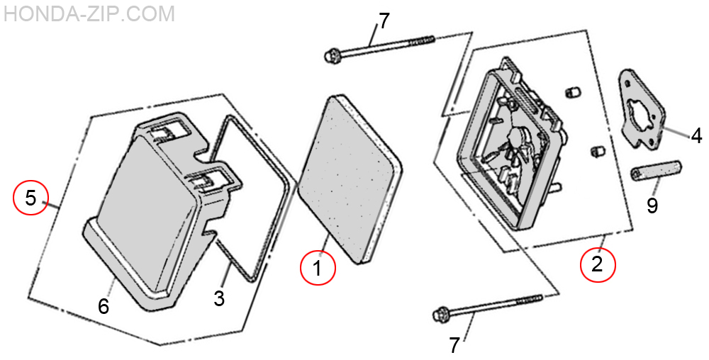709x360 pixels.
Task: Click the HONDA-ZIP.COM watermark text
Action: [89, 13]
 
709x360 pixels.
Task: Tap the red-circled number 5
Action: [30, 198]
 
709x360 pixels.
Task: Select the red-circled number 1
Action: [318, 269]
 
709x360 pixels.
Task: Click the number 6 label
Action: [104, 307]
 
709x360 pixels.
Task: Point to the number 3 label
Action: [219, 298]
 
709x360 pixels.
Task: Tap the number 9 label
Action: [652, 206]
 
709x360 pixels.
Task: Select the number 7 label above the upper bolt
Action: [384, 21]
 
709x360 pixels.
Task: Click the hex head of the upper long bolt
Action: [331, 55]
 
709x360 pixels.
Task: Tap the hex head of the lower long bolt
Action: [441, 313]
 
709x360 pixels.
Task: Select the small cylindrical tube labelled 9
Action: [657, 171]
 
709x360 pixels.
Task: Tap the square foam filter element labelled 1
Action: [350, 179]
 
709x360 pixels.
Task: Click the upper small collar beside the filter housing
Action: [572, 93]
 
